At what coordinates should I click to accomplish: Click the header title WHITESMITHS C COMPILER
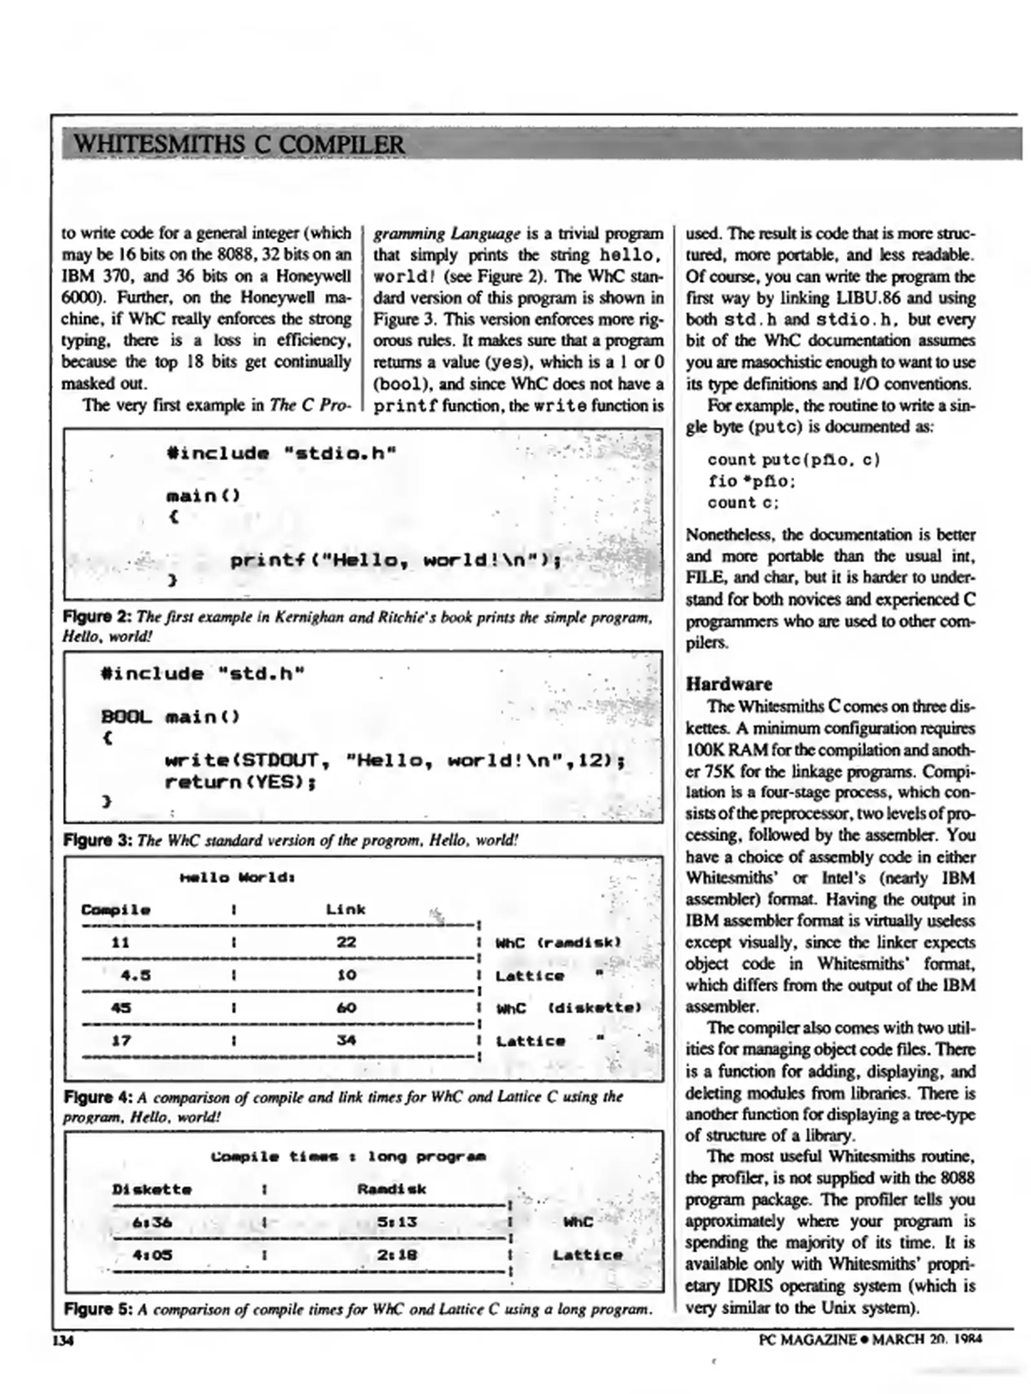(x=240, y=143)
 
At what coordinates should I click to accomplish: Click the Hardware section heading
(x=728, y=683)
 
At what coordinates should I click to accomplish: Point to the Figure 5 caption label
(x=97, y=1309)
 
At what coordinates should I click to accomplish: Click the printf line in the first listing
(x=395, y=560)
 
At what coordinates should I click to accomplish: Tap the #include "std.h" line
(x=203, y=674)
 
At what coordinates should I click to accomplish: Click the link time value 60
(x=346, y=1007)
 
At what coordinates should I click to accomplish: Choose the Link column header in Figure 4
(x=345, y=909)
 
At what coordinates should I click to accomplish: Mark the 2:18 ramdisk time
(x=397, y=1255)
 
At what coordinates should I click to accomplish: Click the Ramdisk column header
(x=391, y=1189)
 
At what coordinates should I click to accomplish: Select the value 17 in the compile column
(x=121, y=1040)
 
